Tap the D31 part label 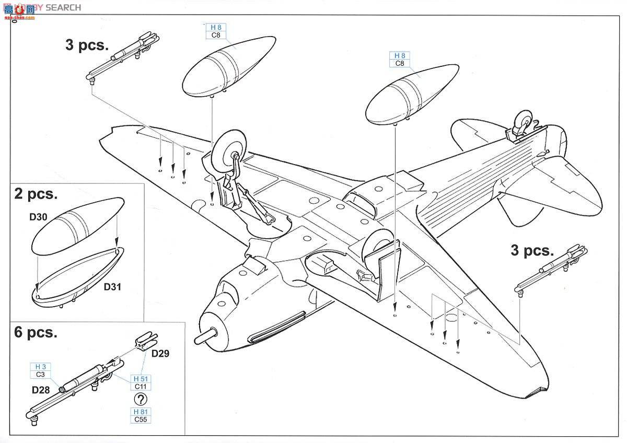pyautogui.click(x=113, y=287)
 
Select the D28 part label pyautogui.click(x=41, y=390)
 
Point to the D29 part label pyautogui.click(x=160, y=354)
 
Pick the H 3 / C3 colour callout pyautogui.click(x=40, y=370)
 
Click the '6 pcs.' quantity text pyautogui.click(x=36, y=332)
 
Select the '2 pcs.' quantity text pyautogui.click(x=36, y=194)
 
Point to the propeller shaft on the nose pyautogui.click(x=205, y=335)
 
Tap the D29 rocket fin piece pyautogui.click(x=143, y=343)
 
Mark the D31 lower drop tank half pyautogui.click(x=78, y=274)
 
